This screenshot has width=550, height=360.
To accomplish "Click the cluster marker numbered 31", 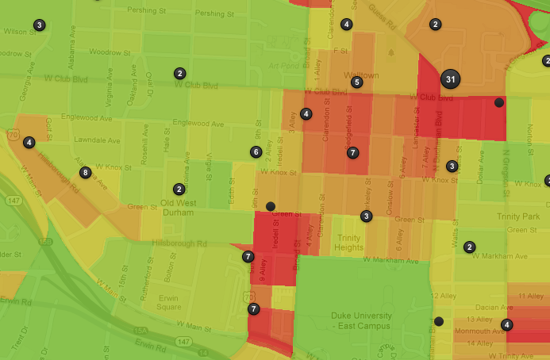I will tap(451, 79).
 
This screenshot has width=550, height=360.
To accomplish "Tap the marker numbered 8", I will tap(86, 172).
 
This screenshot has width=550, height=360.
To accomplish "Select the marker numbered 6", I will tap(256, 151).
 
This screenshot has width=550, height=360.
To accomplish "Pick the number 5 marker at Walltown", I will tap(357, 82).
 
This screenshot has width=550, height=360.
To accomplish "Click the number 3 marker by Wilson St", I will tap(40, 25).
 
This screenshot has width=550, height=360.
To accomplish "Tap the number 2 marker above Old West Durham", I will tap(179, 189).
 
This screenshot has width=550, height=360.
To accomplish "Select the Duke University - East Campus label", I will tap(361, 320).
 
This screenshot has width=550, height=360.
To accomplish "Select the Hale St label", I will tap(167, 144).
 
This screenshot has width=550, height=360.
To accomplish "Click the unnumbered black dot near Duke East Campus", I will tap(439, 321).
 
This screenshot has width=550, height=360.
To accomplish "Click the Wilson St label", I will tap(16, 33).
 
